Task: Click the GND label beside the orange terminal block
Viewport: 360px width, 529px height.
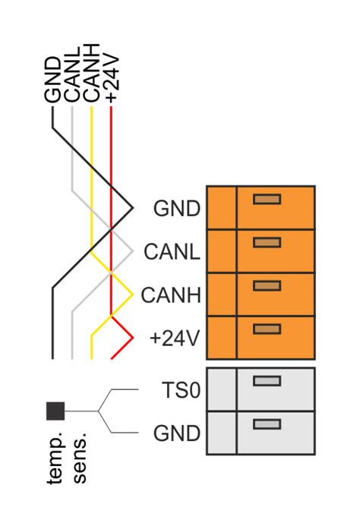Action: click(176, 208)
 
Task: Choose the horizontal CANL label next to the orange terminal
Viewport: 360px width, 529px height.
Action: click(172, 251)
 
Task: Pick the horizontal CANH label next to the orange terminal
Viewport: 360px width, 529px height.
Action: click(171, 294)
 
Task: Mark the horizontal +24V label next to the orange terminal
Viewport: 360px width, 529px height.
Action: click(175, 338)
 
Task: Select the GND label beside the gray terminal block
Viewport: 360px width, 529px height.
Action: click(176, 433)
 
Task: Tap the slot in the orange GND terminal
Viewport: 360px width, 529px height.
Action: click(267, 199)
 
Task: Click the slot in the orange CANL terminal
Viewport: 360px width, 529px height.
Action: click(267, 242)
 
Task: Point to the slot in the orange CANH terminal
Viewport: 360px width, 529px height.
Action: click(267, 285)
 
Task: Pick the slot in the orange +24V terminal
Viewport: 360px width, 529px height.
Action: click(267, 329)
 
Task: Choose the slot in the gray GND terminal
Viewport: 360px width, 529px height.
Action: click(266, 424)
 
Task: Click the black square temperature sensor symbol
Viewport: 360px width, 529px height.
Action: click(55, 411)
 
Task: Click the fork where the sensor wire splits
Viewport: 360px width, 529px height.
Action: click(99, 411)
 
